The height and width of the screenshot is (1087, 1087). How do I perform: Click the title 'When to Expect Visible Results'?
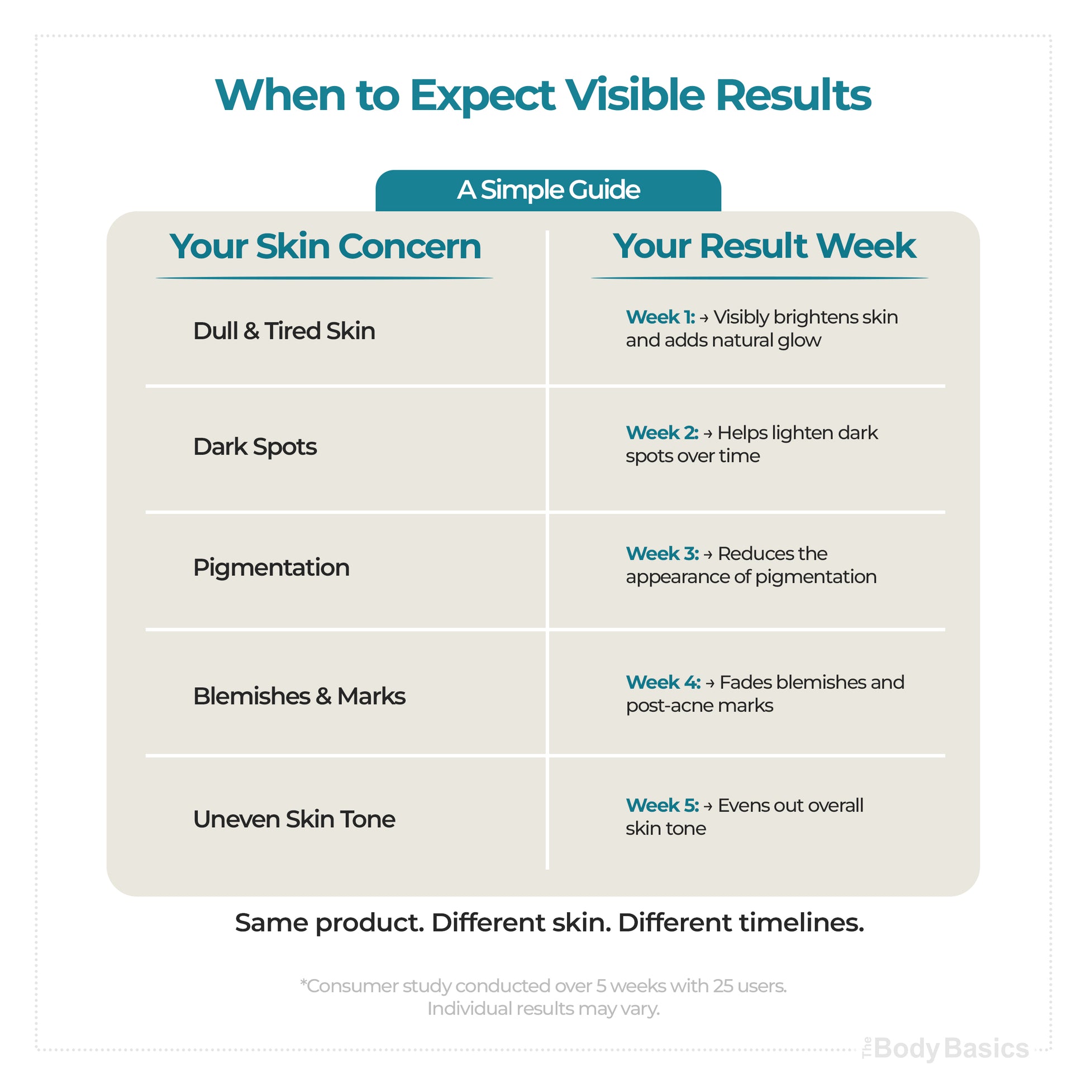[x=543, y=95]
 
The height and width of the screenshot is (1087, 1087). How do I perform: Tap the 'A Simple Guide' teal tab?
[x=548, y=190]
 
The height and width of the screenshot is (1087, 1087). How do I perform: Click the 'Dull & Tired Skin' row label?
[x=284, y=331]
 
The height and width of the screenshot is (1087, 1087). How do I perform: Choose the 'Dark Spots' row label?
[x=255, y=447]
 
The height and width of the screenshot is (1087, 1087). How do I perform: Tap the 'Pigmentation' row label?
[x=271, y=568]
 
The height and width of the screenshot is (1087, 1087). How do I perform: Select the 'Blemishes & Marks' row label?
[x=299, y=696]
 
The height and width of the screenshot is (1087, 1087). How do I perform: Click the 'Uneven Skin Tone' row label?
[x=294, y=819]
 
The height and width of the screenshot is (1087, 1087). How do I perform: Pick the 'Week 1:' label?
[x=661, y=317]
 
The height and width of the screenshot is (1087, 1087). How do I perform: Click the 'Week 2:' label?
[x=662, y=433]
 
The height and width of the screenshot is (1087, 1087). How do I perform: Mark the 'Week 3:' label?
[x=662, y=554]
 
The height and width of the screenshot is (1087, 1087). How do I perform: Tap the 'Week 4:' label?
[x=664, y=683]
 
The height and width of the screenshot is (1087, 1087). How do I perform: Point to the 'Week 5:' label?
[x=662, y=805]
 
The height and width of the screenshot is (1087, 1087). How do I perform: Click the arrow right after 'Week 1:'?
[x=704, y=318]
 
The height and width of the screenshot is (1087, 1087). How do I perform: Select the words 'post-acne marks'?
[x=699, y=705]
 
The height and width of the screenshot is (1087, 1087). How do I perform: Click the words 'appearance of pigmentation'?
[x=751, y=577]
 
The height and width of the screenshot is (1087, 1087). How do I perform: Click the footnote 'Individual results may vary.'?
[x=543, y=1009]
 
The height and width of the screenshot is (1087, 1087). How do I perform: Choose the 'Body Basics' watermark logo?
[x=945, y=1049]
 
